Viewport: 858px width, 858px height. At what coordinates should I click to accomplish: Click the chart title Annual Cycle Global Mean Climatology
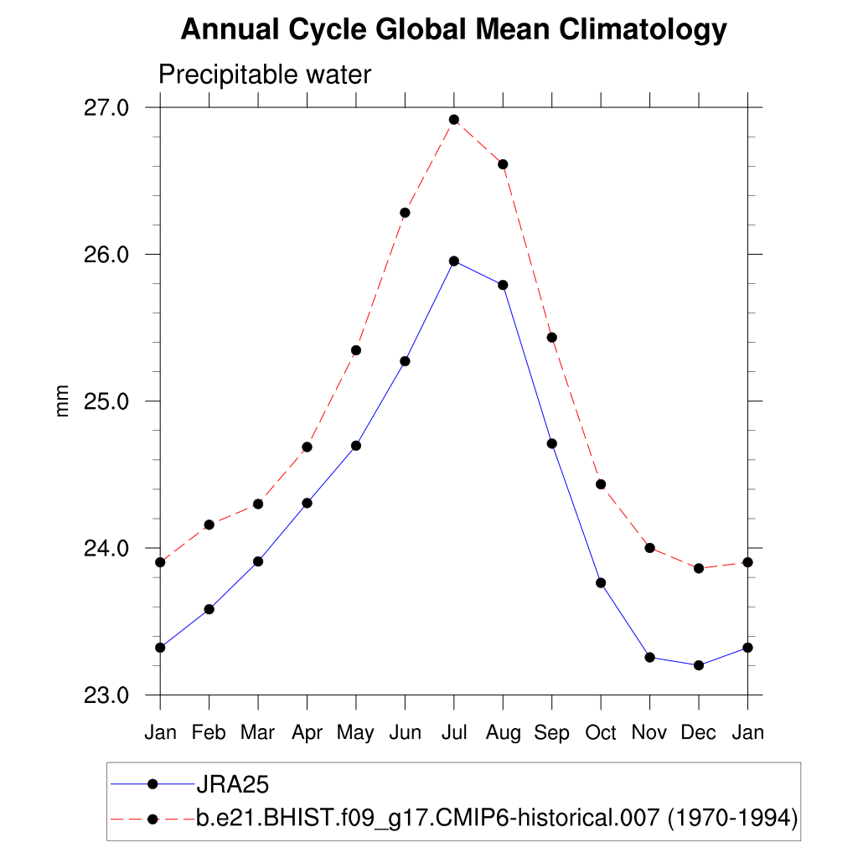coord(453,30)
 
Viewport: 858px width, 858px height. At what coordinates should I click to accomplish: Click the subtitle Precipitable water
coord(264,75)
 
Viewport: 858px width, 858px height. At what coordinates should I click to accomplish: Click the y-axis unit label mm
coord(63,401)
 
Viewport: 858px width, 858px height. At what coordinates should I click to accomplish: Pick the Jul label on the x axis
coord(453,732)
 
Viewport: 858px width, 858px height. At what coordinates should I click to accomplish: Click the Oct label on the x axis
coord(601,732)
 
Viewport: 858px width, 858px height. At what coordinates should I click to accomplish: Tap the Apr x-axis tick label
coord(307,732)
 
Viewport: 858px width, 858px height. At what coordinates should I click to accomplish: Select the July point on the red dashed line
coord(454,120)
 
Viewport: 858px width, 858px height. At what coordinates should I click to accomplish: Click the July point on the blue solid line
coord(454,261)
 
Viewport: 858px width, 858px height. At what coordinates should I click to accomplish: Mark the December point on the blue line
coord(699,665)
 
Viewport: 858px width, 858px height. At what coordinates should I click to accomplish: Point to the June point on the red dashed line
coord(405,213)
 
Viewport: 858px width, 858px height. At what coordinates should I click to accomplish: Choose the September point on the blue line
coord(552,443)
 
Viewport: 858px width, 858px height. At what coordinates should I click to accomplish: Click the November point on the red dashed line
coord(649,548)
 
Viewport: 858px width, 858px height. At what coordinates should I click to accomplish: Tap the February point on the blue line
coord(209,609)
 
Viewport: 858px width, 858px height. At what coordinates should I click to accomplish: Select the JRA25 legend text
coord(231,784)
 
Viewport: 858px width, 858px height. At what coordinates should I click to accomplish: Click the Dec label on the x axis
coord(698,732)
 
